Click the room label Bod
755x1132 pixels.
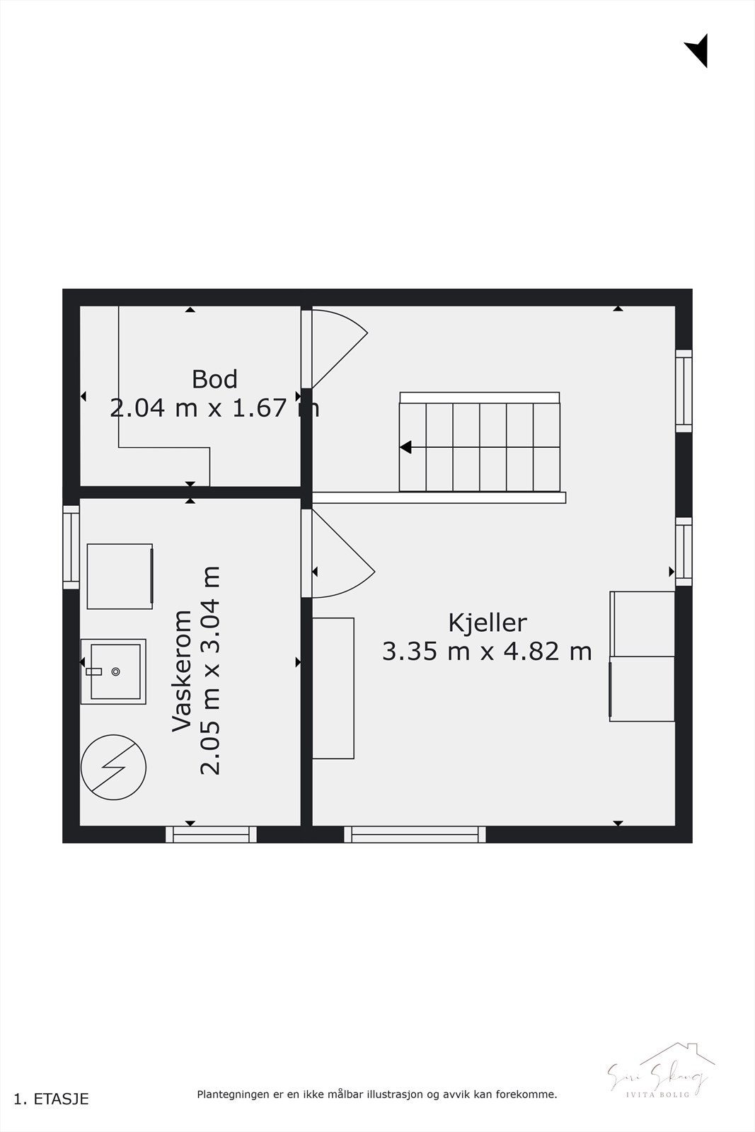click(x=214, y=380)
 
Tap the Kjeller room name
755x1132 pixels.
click(x=488, y=623)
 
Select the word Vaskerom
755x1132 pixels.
click(x=183, y=671)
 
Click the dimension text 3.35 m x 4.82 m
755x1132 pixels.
click(x=487, y=652)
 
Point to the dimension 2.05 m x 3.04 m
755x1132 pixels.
click(x=211, y=671)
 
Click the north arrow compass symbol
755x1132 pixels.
click(x=698, y=51)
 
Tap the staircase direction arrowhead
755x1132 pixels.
click(x=406, y=447)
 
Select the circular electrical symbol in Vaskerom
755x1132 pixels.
click(x=113, y=768)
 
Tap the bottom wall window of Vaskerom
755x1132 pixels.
click(x=211, y=835)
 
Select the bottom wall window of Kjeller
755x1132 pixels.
click(x=415, y=835)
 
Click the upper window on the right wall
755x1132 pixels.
click(x=684, y=391)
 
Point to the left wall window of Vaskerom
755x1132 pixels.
click(x=71, y=547)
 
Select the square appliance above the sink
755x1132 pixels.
click(x=120, y=577)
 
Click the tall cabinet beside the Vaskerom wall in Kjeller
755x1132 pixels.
click(x=333, y=688)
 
